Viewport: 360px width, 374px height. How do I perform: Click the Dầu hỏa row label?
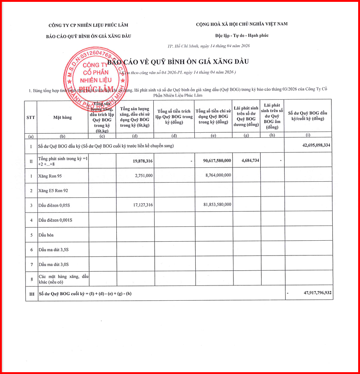click(x=47, y=235)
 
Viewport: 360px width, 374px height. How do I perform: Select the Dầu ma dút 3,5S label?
click(x=54, y=249)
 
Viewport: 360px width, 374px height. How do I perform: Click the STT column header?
click(x=31, y=117)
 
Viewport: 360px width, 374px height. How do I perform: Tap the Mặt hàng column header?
click(x=62, y=117)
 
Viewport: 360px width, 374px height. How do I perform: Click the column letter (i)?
click(x=308, y=135)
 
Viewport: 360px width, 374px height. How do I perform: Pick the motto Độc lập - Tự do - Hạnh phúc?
click(x=242, y=36)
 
